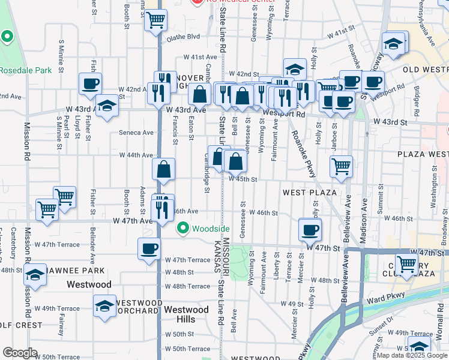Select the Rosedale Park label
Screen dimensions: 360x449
coord(25,70)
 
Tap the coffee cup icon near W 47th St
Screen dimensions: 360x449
coord(310,229)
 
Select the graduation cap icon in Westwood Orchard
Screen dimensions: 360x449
coord(104,305)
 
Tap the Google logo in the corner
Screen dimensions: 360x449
coord(20,353)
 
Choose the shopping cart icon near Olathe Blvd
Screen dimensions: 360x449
coord(155,20)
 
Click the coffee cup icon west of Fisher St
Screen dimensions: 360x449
coord(90,83)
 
